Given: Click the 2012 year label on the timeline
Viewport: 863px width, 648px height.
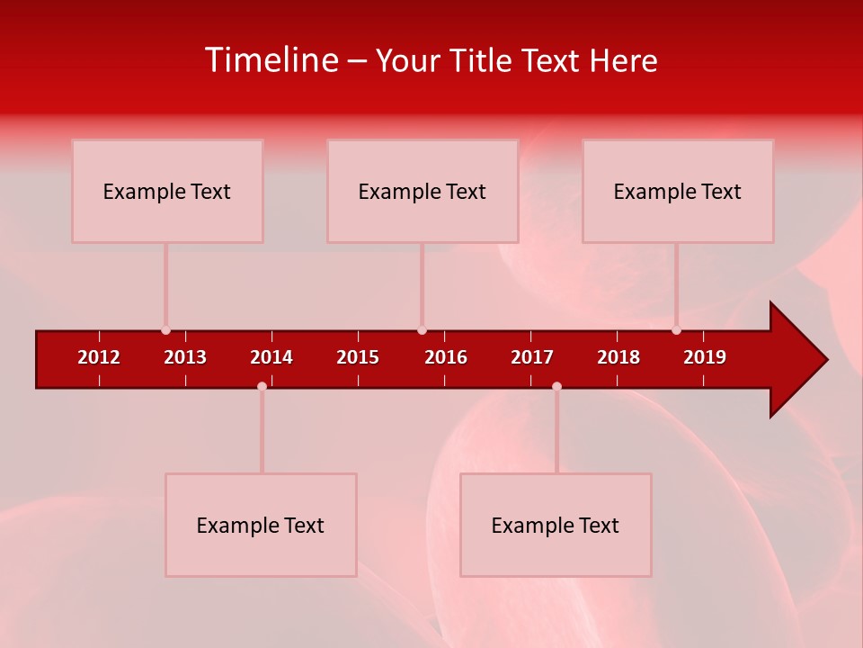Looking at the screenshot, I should tap(99, 357).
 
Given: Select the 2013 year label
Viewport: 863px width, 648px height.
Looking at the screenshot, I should tap(185, 357).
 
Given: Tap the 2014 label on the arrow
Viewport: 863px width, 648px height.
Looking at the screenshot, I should tap(271, 357).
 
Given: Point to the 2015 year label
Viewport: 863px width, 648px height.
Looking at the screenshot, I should tap(358, 357).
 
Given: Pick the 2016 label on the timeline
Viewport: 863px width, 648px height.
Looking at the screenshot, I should tap(446, 357).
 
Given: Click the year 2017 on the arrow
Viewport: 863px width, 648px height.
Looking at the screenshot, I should tap(532, 357).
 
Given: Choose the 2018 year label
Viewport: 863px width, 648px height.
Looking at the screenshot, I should tap(618, 357).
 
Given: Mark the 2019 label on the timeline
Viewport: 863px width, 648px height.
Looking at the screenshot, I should tap(705, 357).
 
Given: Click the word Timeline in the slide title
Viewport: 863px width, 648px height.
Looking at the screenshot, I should tap(271, 60).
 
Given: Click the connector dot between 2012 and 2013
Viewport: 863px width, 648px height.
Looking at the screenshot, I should tap(165, 330).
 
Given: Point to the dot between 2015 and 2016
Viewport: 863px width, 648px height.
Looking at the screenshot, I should tap(422, 330).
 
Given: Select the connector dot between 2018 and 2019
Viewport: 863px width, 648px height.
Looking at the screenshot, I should tap(677, 330).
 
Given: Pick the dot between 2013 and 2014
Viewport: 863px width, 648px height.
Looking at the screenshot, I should tap(262, 386).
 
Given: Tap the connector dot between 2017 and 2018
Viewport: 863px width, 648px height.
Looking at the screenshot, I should tap(556, 386).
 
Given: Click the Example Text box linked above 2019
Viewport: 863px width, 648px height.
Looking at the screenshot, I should tap(678, 191).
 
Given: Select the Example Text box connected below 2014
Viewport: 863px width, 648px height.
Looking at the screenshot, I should tap(261, 525).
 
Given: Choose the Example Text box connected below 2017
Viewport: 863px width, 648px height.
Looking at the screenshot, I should tap(556, 525).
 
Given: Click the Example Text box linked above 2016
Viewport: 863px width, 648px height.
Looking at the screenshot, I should tap(423, 191).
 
